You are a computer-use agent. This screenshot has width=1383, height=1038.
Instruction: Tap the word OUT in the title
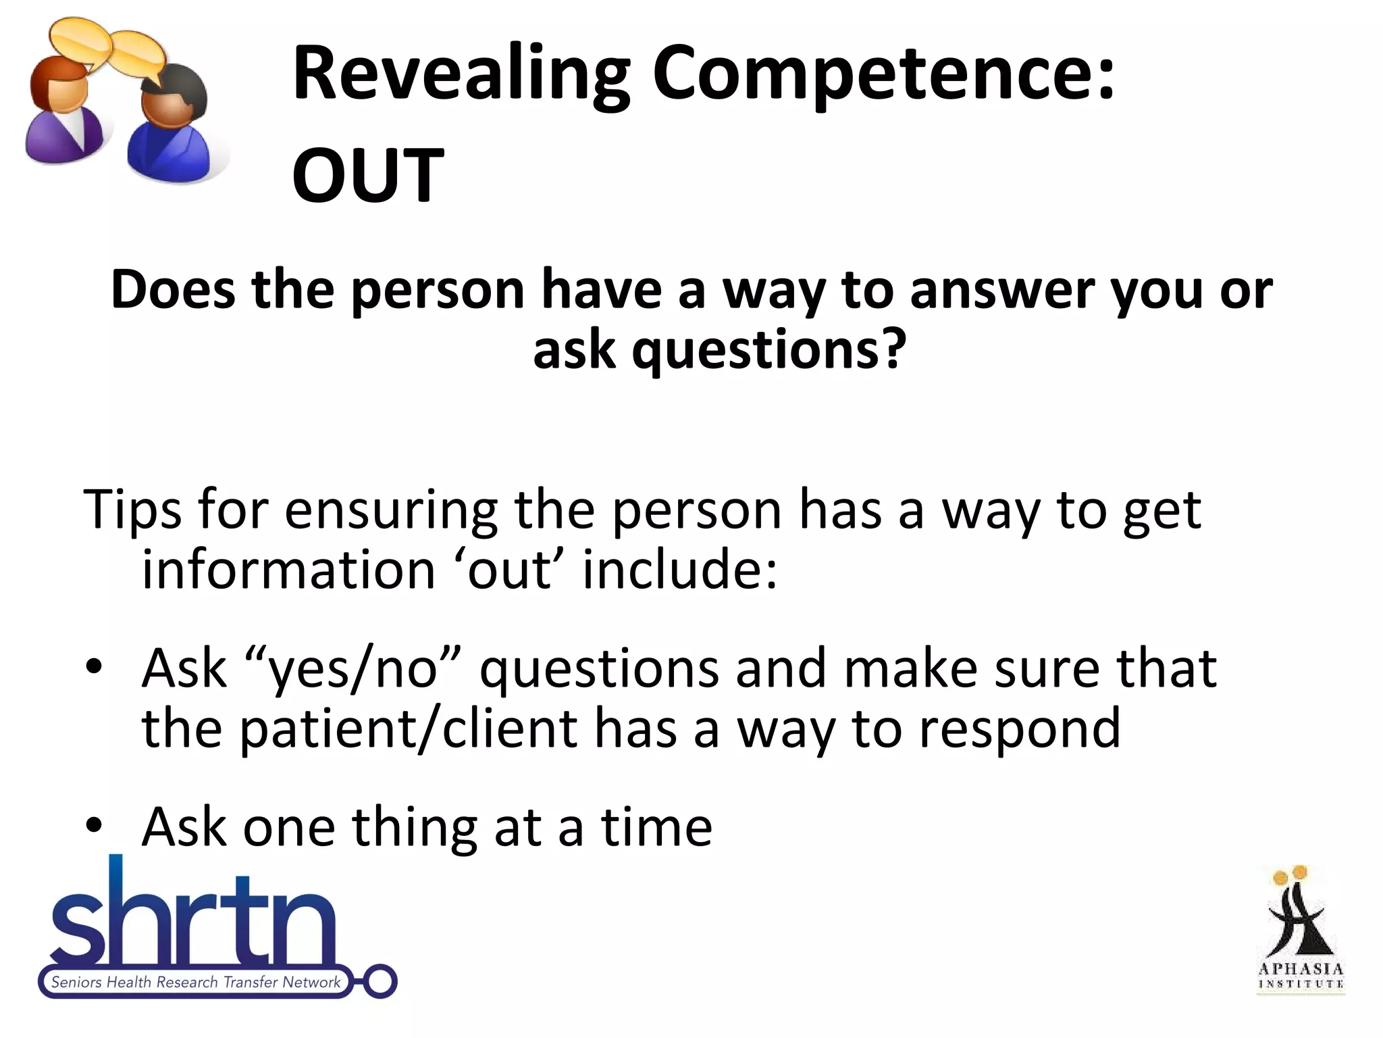(x=367, y=176)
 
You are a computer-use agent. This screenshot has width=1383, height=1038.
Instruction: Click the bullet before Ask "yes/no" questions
(x=94, y=668)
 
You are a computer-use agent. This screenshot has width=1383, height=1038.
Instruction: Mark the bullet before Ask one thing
(x=94, y=826)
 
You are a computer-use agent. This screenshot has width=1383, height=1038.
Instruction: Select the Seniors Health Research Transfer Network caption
(x=196, y=983)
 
